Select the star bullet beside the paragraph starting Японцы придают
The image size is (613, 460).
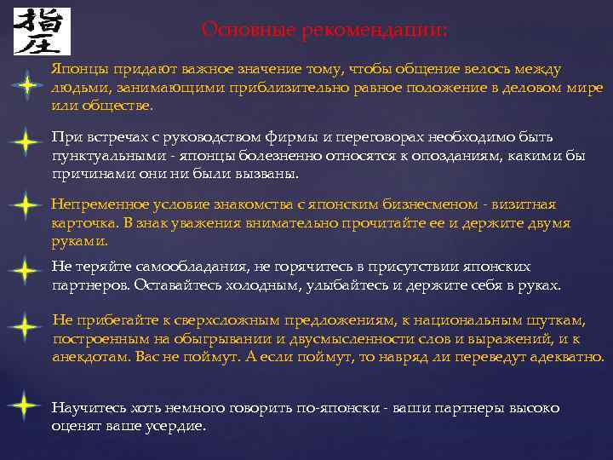[x=27, y=86]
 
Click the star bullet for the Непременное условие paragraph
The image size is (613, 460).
[x=27, y=205]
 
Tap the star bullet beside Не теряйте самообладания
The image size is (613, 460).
[x=27, y=272]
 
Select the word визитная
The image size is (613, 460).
[x=518, y=204]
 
